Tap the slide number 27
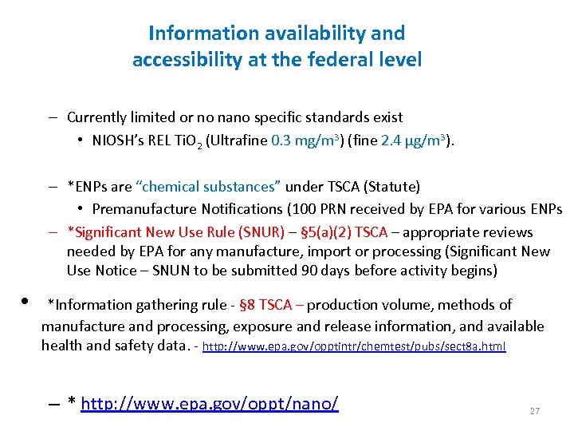534,411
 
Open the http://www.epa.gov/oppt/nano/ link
210,404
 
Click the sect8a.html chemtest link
354,347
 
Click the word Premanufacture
141,209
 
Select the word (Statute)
391,187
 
